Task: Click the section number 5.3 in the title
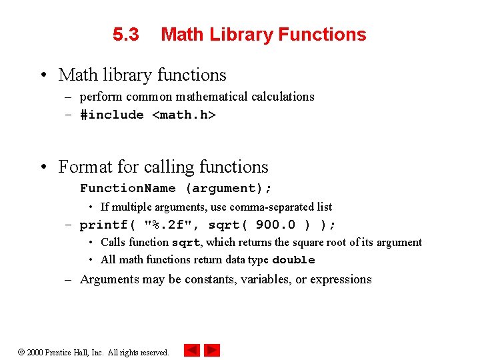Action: point(126,35)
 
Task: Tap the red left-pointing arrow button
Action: point(192,350)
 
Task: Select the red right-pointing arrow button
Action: point(212,350)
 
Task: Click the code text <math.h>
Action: point(184,115)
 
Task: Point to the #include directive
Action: point(112,115)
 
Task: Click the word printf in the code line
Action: point(104,225)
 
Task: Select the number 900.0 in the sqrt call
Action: point(276,225)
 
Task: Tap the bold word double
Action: point(293,260)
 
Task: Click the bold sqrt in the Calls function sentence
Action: point(186,243)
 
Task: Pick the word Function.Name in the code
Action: point(128,189)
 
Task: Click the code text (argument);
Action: point(229,189)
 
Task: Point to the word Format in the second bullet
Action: point(83,167)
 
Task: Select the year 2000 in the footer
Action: point(35,352)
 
